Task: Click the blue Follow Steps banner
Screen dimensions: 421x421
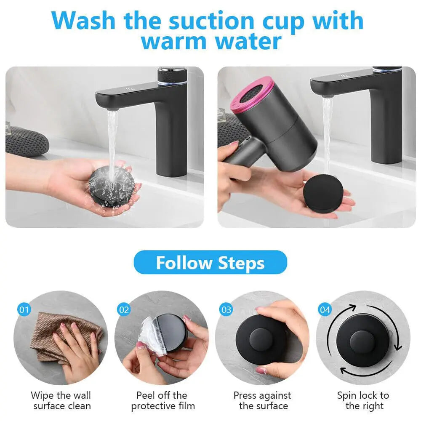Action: click(x=210, y=262)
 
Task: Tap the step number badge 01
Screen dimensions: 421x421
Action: click(x=24, y=310)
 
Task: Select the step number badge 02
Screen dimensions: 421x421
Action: click(x=124, y=310)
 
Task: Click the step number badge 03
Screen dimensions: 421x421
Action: click(x=226, y=310)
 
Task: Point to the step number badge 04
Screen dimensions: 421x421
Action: click(x=325, y=310)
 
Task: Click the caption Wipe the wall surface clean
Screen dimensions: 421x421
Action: click(x=61, y=401)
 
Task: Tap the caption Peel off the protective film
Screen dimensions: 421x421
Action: click(x=163, y=401)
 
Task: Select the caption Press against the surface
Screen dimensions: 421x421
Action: click(x=262, y=401)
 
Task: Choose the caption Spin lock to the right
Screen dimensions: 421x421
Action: click(x=363, y=401)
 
